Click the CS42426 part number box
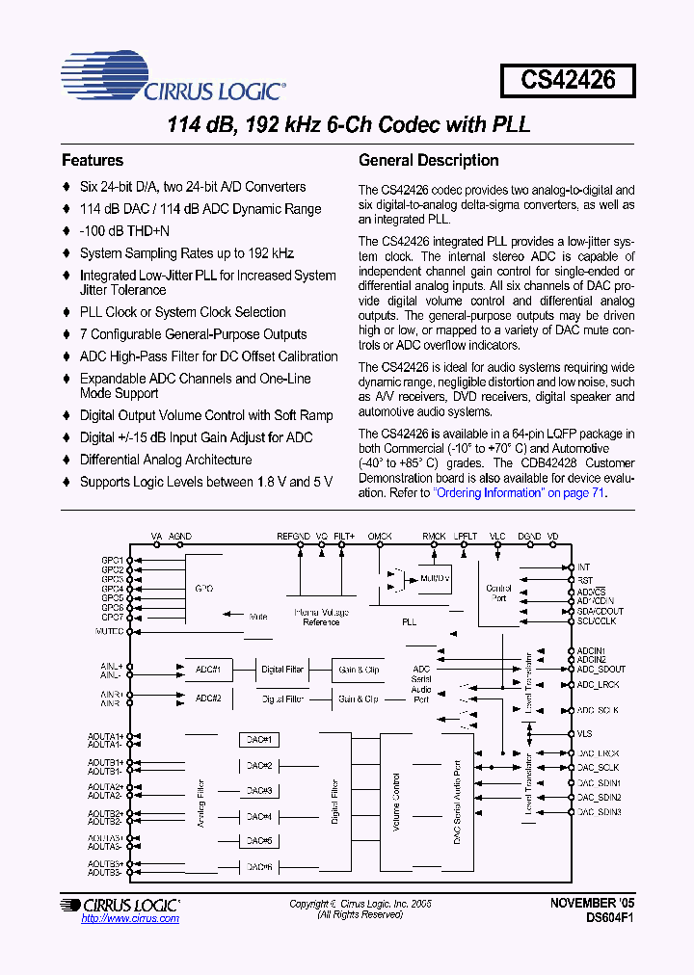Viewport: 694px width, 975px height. pos(568,79)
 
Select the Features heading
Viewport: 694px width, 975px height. pos(93,161)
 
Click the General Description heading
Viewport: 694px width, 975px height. pos(428,161)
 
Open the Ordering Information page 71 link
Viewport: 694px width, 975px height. pos(520,492)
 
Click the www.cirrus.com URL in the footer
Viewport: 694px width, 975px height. pos(130,919)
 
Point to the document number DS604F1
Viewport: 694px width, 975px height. pos(608,918)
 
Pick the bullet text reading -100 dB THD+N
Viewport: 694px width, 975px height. pos(124,231)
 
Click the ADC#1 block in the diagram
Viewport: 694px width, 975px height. pos(208,669)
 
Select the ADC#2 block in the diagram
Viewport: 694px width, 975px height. pos(208,698)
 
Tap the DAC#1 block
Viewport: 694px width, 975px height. pos(258,740)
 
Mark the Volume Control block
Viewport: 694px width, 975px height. pos(395,791)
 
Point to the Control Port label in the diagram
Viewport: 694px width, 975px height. pos(499,593)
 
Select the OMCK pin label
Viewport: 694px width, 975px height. pos(381,536)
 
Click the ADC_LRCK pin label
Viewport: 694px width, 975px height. pos(600,684)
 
